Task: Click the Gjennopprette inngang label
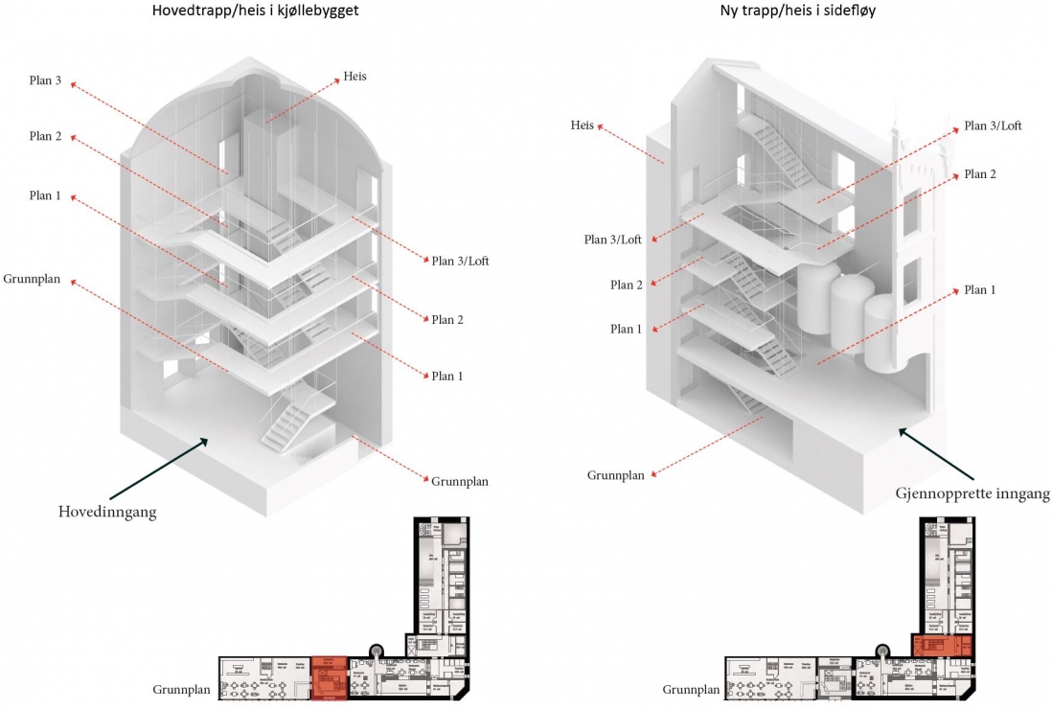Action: point(972,493)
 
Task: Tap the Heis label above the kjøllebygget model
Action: point(354,76)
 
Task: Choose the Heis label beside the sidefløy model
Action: point(583,126)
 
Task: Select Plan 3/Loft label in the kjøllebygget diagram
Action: point(460,260)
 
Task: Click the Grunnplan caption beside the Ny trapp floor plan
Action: point(691,689)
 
